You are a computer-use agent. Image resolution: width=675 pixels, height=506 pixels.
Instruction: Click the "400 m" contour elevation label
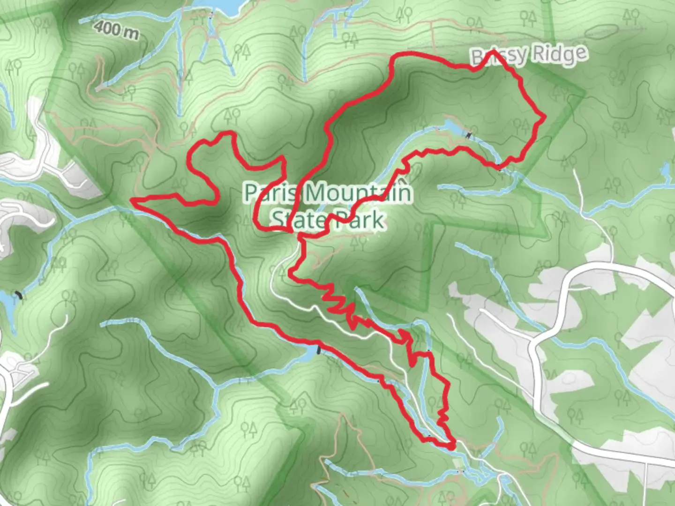[116, 30]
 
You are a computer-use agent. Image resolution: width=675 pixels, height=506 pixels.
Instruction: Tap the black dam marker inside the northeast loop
[468, 135]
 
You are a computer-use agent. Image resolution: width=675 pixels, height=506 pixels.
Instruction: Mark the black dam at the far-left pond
[18, 295]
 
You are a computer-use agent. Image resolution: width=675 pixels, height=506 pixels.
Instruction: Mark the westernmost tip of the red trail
[133, 201]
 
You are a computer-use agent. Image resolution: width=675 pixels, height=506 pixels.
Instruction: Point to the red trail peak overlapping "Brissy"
[493, 52]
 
